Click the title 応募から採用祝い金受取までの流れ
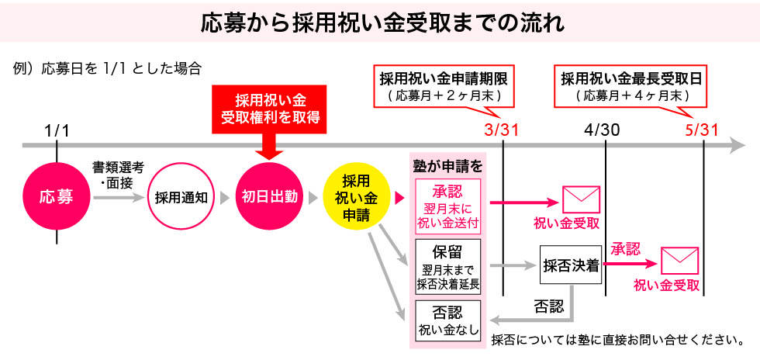380,22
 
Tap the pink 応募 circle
57,197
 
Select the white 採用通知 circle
180,197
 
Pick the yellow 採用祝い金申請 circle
357,197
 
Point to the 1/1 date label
57,130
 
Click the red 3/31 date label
502,130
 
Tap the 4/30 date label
603,130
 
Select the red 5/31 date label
702,130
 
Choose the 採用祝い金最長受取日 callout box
633,86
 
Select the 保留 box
448,266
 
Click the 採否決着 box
572,266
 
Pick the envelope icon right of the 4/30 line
679,260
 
